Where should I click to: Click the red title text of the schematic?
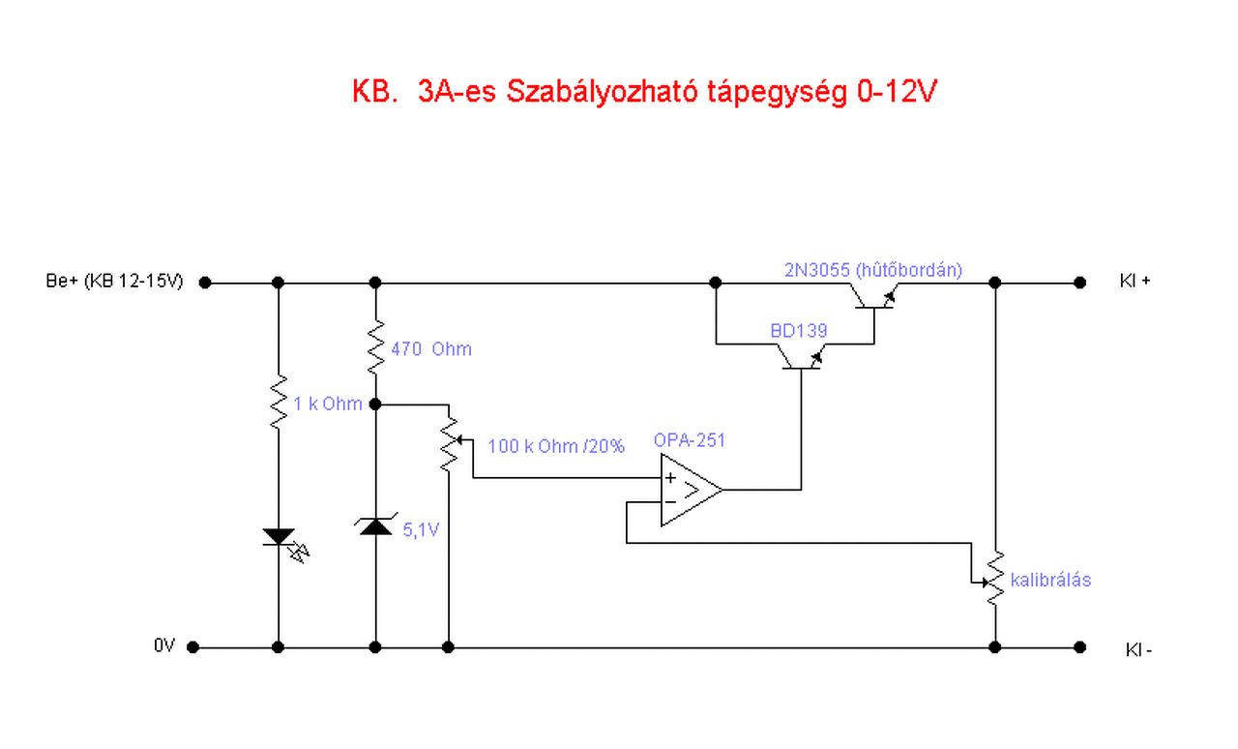click(644, 93)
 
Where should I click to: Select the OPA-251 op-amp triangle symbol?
click(690, 491)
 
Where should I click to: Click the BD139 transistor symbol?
click(802, 359)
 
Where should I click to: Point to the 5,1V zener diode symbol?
click(375, 526)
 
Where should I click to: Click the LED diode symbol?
click(280, 537)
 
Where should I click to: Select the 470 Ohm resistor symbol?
click(375, 345)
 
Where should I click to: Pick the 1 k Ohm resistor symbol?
click(279, 401)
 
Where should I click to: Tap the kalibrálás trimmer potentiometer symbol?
click(994, 579)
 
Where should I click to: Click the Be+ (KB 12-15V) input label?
click(114, 283)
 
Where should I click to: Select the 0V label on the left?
click(163, 646)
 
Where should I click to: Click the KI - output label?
click(1138, 649)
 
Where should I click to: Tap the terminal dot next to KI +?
click(1079, 283)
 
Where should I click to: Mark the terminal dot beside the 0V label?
click(193, 647)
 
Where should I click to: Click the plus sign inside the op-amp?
click(670, 478)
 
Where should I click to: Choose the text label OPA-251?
click(689, 440)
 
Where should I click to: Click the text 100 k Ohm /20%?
click(556, 446)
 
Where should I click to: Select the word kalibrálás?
click(1050, 580)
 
